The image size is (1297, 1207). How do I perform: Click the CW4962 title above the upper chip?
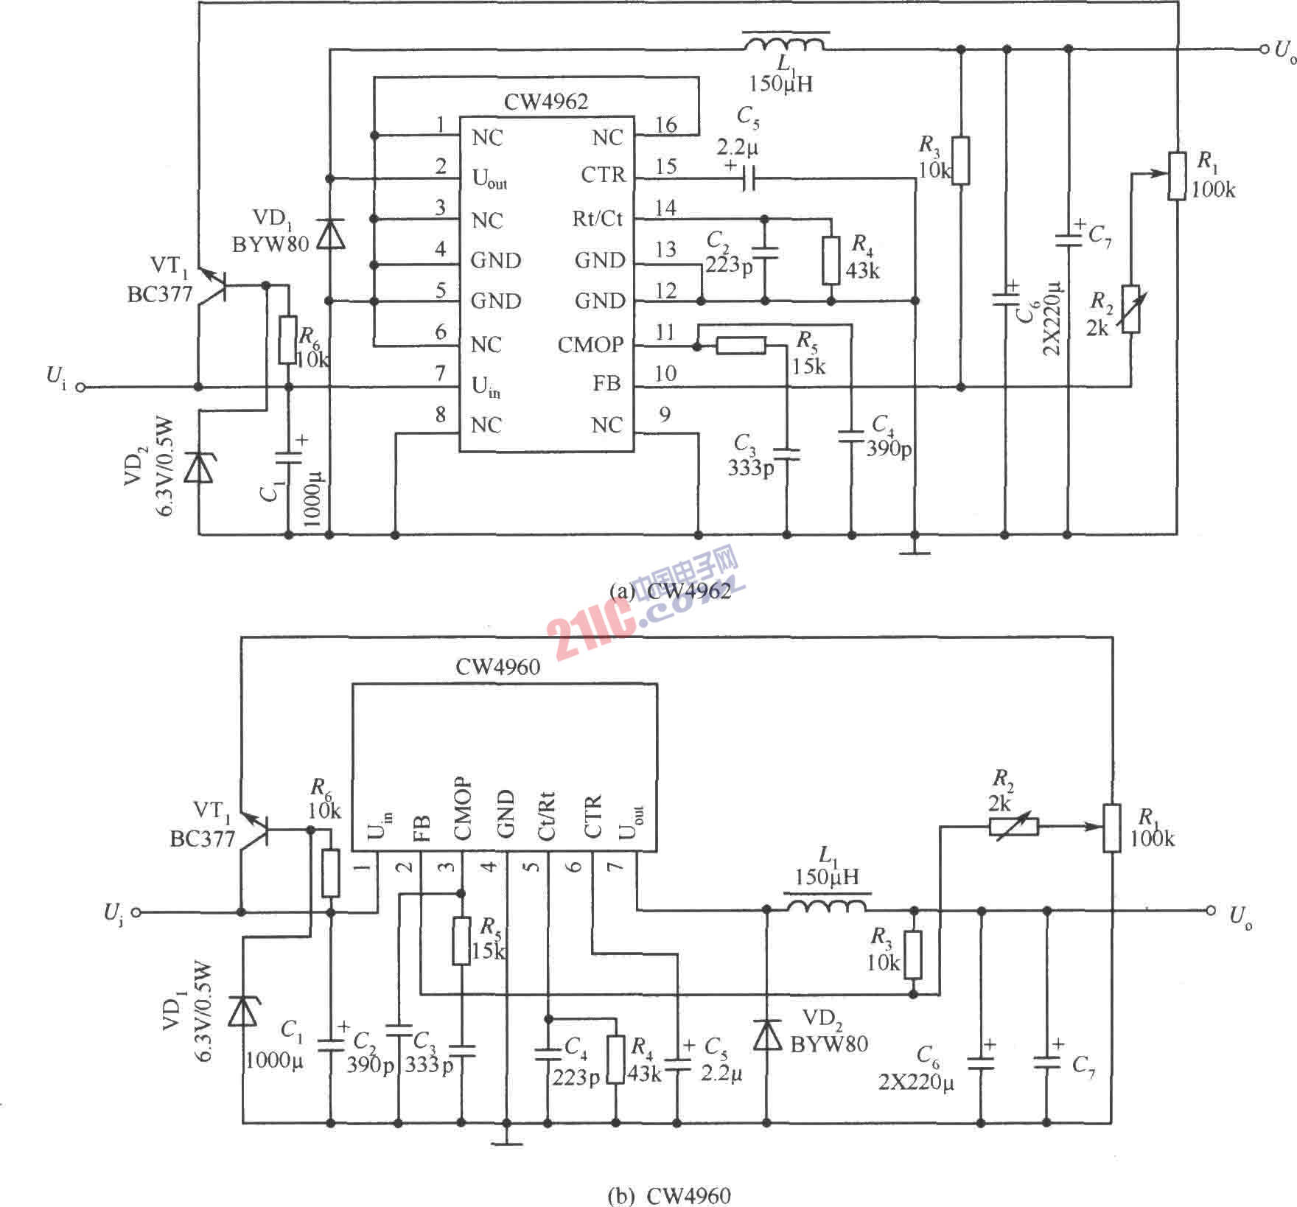point(546,102)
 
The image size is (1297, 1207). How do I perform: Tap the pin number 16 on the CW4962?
point(666,125)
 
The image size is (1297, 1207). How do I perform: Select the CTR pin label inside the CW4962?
point(603,175)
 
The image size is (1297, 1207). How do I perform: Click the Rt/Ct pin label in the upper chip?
point(598,218)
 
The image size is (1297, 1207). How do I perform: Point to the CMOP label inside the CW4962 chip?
point(590,345)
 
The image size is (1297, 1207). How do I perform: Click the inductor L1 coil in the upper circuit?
point(784,43)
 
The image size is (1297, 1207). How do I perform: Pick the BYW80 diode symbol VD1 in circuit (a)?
point(330,234)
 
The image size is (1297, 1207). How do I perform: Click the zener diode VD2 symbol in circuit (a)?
point(198,467)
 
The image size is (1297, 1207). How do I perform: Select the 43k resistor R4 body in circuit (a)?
point(831,260)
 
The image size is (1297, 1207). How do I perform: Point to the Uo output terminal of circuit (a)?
point(1265,49)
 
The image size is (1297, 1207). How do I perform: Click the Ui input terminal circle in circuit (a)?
point(81,387)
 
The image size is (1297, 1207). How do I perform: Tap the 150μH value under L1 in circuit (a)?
point(781,84)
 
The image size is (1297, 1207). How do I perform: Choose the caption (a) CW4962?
point(671,591)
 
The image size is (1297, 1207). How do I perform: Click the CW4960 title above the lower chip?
point(498,667)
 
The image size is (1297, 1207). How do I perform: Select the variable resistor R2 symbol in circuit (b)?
point(1013,827)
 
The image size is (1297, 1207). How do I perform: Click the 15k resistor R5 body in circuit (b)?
point(461,941)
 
